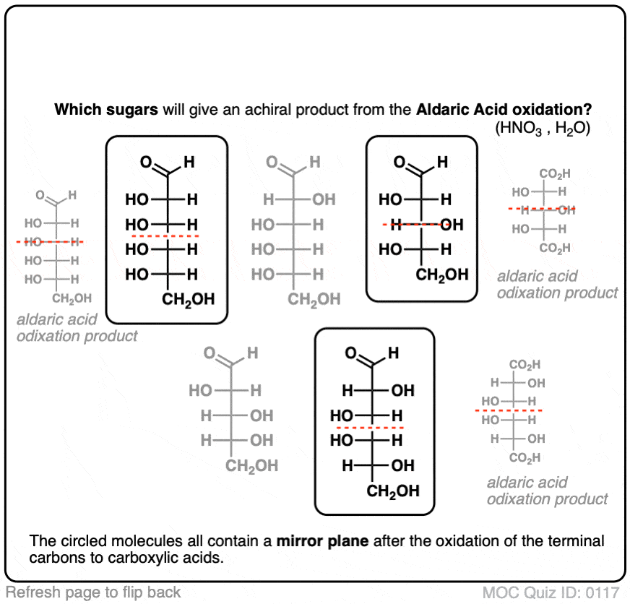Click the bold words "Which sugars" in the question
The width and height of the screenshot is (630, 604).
tap(106, 110)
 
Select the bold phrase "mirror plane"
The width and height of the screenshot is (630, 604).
tap(323, 541)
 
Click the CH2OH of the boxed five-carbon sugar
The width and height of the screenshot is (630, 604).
tap(442, 275)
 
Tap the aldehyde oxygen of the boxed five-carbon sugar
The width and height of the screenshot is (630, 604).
tap(400, 162)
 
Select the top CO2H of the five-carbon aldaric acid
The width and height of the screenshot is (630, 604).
tap(554, 174)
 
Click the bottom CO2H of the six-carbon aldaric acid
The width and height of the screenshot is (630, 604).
tap(525, 458)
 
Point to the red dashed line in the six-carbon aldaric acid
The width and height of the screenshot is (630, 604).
tap(509, 410)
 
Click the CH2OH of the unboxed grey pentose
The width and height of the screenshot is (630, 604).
tap(251, 466)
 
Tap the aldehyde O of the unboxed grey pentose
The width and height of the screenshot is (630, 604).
tap(210, 353)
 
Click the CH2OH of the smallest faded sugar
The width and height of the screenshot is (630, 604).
tap(72, 298)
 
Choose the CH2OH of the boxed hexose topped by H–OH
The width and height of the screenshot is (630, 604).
tap(393, 491)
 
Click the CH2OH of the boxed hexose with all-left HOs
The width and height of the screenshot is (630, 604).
tap(188, 300)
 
